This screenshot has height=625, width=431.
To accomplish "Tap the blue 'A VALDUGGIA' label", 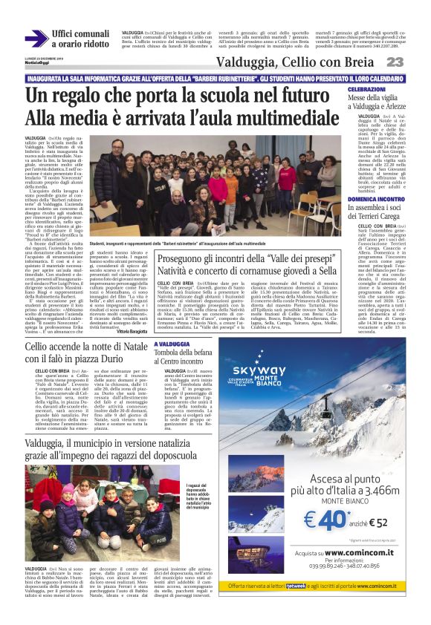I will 173,344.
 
